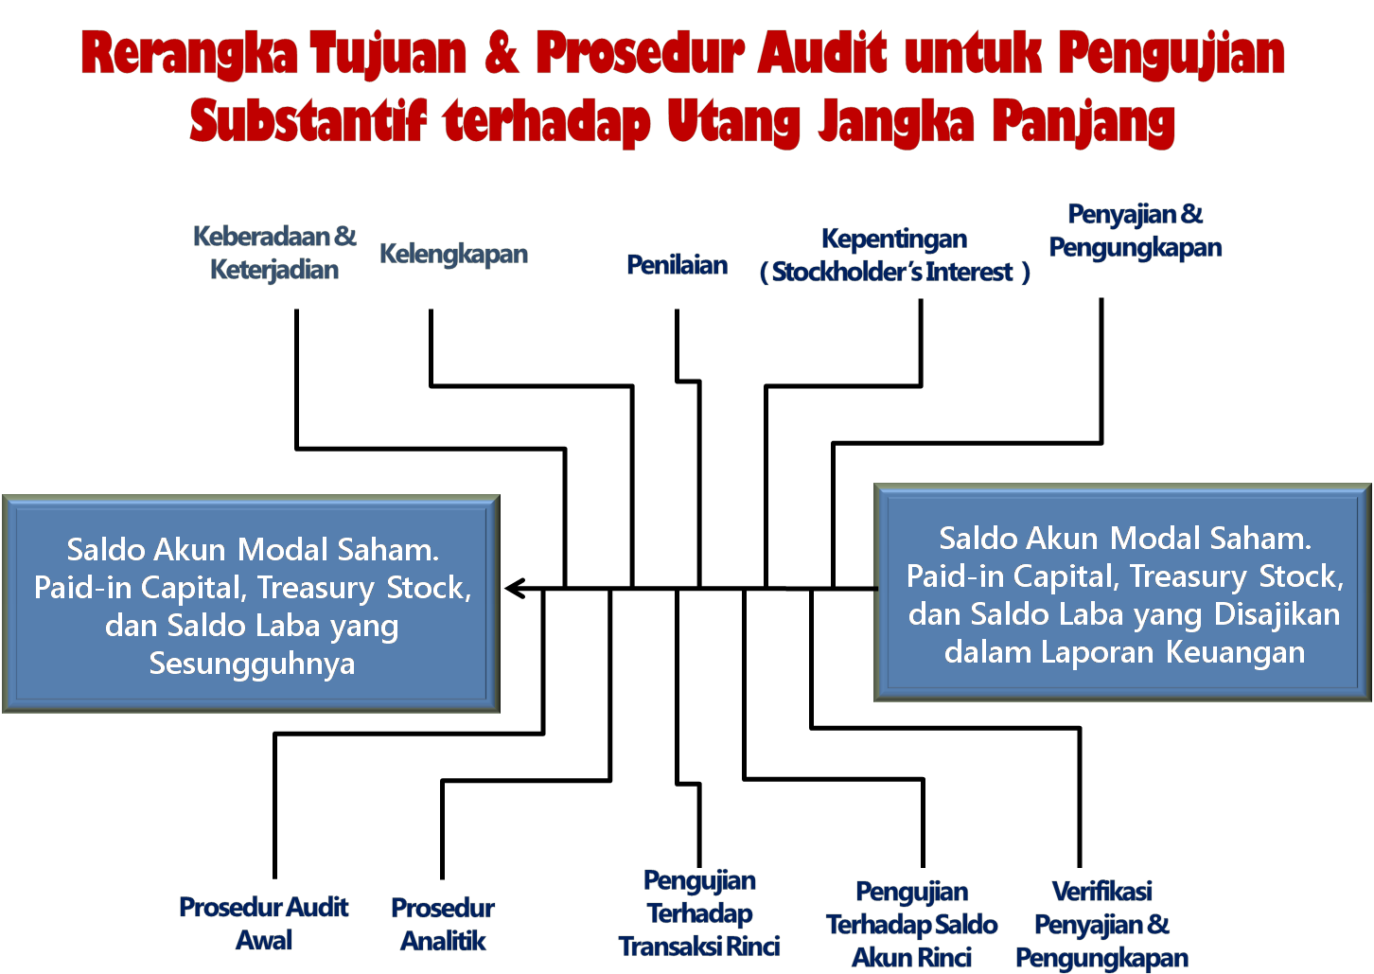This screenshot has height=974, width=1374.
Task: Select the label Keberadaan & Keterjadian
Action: pos(274,253)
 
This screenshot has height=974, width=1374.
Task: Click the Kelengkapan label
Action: pos(453,254)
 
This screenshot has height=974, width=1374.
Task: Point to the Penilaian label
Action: pos(677,265)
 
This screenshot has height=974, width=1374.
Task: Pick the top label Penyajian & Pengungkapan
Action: pos(1135,231)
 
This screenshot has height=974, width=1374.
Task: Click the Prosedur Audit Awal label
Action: pos(264,924)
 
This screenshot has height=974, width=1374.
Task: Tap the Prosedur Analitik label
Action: pos(443,925)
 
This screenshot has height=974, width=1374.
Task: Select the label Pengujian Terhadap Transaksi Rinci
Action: pos(699,913)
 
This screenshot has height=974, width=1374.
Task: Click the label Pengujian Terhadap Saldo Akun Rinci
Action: pos(911,925)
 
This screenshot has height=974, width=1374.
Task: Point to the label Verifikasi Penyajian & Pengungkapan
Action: pos(1101,925)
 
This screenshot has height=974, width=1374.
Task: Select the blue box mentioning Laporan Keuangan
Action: pos(1123,593)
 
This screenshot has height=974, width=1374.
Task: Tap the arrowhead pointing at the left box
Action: pos(514,589)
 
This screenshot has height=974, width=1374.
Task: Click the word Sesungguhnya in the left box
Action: pos(252,664)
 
